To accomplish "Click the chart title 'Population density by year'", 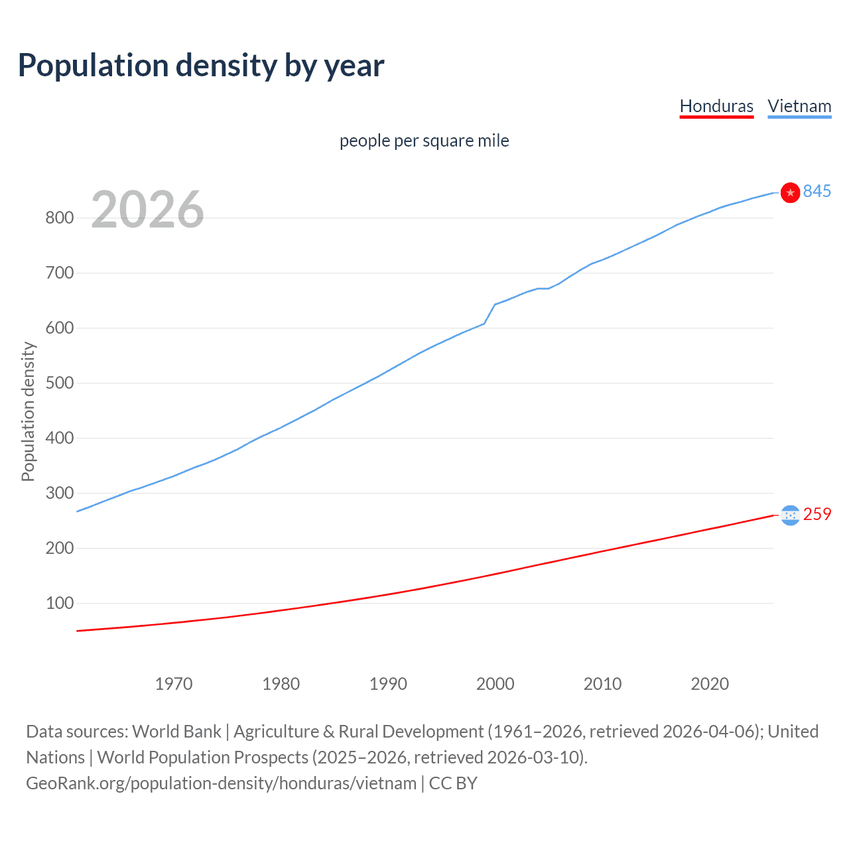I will point(201,66).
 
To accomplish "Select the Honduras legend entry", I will point(716,106).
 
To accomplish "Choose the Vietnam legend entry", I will point(799,106).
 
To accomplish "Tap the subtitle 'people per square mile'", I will point(424,141).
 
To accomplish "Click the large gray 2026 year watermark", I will point(147,210).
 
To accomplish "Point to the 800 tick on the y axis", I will point(59,218).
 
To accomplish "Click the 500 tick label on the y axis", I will point(59,383).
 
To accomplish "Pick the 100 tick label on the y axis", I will point(59,603).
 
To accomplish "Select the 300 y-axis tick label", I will point(59,493).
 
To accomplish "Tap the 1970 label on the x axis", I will point(174,684).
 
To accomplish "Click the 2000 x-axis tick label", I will point(495,684).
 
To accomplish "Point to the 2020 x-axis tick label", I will point(710,684).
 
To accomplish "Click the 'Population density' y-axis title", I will point(28,411).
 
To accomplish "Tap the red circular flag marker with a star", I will point(790,192).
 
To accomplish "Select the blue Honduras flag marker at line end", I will point(790,515).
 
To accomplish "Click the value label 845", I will point(816,191).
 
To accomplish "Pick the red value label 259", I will point(816,514).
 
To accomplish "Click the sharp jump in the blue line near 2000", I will point(490,314).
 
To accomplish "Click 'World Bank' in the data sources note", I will point(176,731).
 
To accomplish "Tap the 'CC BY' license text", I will point(453,783).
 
